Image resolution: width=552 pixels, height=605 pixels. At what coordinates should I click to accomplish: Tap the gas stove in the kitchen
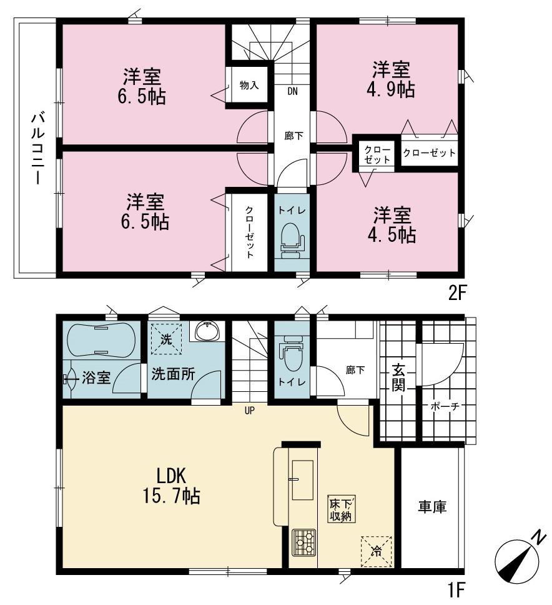coord(303,542)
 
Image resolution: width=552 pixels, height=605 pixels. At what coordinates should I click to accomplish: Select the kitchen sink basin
coord(303,480)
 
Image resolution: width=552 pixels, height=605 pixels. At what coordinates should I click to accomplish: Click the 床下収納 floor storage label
coord(341,509)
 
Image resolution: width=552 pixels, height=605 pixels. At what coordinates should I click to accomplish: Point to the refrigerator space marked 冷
coord(377,551)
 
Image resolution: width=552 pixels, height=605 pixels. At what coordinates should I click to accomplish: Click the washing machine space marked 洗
coord(166,339)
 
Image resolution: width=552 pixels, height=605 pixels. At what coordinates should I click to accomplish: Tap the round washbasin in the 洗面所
coord(207,331)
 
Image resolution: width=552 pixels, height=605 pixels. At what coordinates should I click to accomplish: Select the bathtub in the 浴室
coord(102,340)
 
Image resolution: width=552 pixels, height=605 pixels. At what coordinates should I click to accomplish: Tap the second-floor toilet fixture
coord(292,241)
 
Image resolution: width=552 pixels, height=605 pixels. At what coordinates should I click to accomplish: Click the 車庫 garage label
coord(432,507)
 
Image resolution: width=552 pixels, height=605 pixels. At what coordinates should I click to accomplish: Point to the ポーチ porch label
coord(445,406)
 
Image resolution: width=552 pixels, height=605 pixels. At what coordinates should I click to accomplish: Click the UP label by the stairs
coord(250,411)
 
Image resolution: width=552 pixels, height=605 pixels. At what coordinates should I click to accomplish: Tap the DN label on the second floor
coord(293,91)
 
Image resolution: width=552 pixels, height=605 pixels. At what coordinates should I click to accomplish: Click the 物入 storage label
coord(249,85)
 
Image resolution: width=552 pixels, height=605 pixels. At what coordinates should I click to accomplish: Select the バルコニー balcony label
coord(37,149)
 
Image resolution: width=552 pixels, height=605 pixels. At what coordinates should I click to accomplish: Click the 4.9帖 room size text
coord(390,90)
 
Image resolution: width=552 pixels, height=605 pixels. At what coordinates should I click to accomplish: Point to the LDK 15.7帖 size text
coord(172,486)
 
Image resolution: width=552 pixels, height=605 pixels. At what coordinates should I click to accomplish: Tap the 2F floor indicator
coord(458,294)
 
